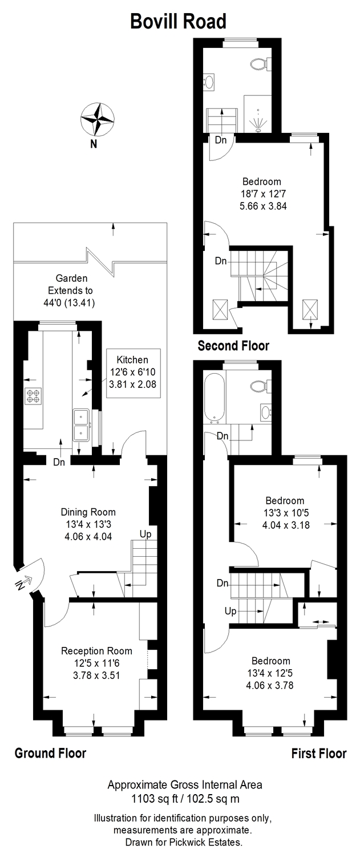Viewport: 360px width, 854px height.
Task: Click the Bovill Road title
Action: tap(178, 21)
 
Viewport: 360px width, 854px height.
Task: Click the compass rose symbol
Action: tap(97, 119)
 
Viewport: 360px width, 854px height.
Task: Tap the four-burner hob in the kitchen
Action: tap(33, 395)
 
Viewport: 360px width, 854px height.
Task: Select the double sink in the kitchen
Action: tap(81, 424)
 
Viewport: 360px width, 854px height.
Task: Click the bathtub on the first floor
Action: tap(215, 398)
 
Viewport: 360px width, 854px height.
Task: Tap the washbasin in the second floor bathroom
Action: tap(209, 81)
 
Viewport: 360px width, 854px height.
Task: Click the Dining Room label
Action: tap(88, 512)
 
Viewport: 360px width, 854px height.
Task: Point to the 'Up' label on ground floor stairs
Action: tap(145, 535)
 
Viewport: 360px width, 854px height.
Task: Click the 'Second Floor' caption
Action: tap(233, 346)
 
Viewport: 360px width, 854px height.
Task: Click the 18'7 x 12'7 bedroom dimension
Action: tap(262, 193)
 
